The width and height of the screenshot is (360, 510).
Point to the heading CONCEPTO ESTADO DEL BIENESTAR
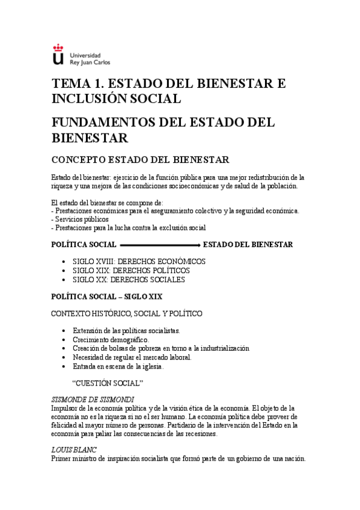140,160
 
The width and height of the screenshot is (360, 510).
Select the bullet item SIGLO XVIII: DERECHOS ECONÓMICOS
139,262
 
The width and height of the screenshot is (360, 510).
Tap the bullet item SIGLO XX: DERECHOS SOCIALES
129,280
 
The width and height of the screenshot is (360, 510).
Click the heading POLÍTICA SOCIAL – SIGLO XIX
107,296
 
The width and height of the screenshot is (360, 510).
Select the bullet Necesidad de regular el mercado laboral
132,357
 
